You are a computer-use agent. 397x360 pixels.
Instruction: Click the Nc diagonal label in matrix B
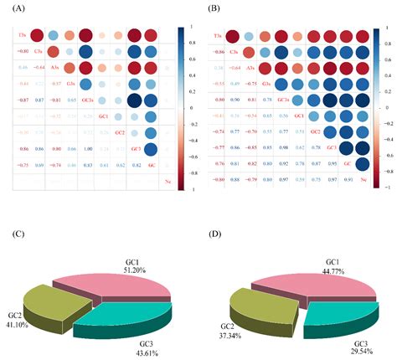coord(364,179)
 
